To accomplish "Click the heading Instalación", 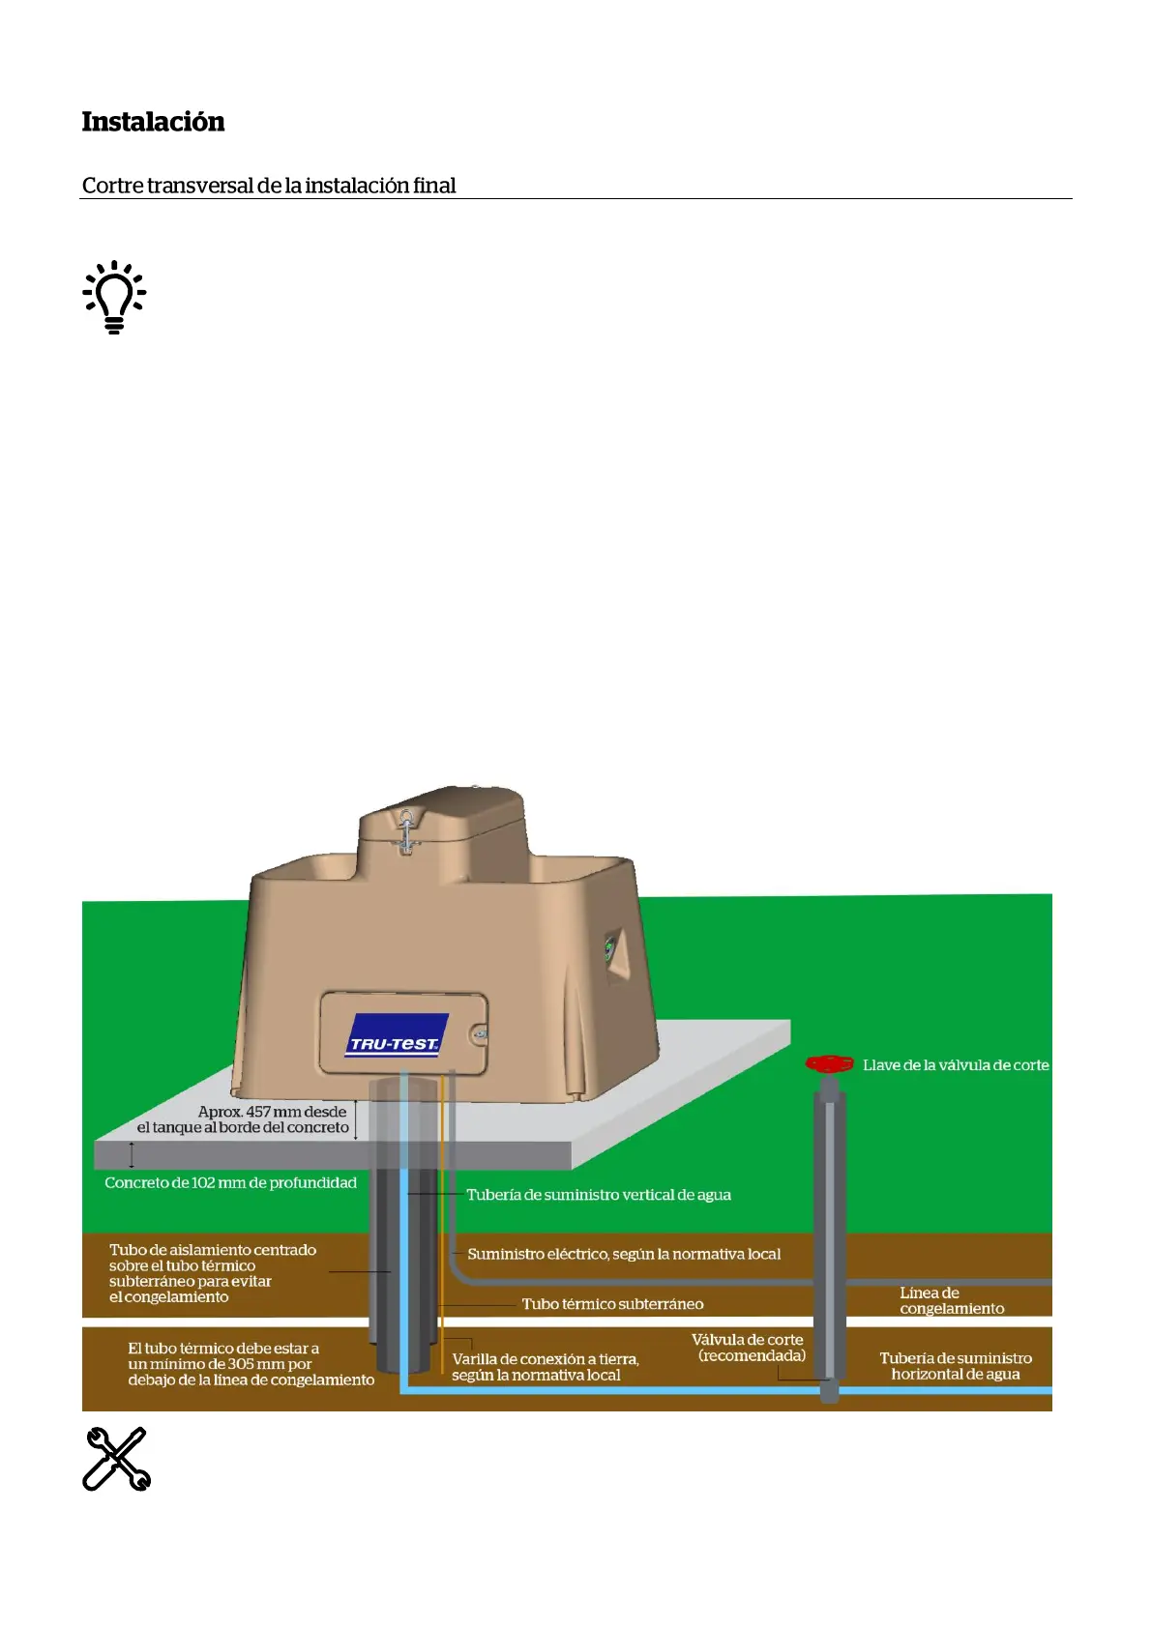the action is [153, 122].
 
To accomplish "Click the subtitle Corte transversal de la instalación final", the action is [269, 186].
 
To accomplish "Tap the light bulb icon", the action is [114, 297].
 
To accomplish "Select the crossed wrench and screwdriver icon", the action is [116, 1459].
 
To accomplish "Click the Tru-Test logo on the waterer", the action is [395, 1035].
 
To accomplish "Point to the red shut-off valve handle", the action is [829, 1064].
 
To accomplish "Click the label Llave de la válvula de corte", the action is [956, 1065].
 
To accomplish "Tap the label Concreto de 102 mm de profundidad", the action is [230, 1183].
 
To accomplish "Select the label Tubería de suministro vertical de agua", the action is [599, 1195].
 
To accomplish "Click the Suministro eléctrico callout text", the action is [624, 1254].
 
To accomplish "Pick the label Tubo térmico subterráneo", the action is [612, 1304].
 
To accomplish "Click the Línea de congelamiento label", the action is [951, 1300].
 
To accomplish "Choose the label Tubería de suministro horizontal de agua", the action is [955, 1366].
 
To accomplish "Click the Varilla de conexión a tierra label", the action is [545, 1367].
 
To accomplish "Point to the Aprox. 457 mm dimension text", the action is [243, 1119].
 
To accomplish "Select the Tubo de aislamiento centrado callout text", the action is [212, 1273].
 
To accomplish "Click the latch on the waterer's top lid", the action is [406, 829].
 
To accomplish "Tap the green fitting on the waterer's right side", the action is [609, 947].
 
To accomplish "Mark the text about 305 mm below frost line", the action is [251, 1364].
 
